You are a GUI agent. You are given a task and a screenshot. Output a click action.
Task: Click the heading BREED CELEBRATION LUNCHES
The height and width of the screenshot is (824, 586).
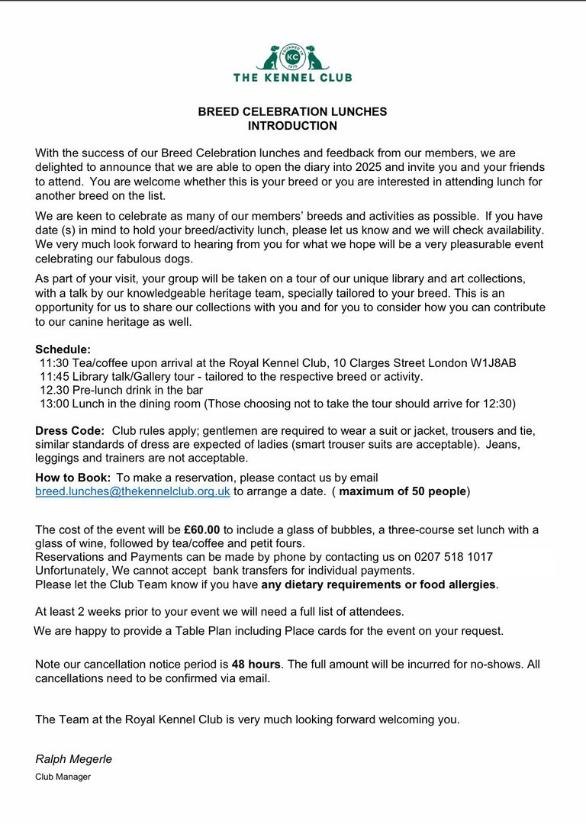point(292,111)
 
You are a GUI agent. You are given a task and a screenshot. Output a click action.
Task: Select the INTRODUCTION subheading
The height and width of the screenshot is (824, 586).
point(292,126)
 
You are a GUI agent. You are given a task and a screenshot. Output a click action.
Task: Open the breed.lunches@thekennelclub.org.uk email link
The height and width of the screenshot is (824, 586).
point(133,491)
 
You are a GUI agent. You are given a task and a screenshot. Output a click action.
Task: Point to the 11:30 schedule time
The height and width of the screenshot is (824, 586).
point(53,363)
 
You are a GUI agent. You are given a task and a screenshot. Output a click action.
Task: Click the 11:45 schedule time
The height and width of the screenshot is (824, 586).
point(53,377)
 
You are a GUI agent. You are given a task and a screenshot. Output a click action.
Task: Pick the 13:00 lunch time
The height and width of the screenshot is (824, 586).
point(53,404)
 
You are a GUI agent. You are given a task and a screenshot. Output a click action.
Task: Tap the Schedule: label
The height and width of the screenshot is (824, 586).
point(63,349)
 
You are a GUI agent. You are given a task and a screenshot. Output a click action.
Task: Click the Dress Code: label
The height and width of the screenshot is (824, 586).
point(69,431)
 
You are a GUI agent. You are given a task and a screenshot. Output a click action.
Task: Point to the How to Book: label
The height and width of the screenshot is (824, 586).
point(72,478)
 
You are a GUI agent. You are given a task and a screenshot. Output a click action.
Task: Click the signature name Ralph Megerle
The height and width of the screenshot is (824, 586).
point(73,759)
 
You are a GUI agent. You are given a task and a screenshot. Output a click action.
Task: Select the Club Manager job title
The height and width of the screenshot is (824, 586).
point(63,777)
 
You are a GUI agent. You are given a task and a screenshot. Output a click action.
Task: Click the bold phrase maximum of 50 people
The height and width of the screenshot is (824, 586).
point(402,491)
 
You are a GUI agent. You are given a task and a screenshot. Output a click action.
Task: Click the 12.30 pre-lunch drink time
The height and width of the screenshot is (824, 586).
point(53,391)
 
